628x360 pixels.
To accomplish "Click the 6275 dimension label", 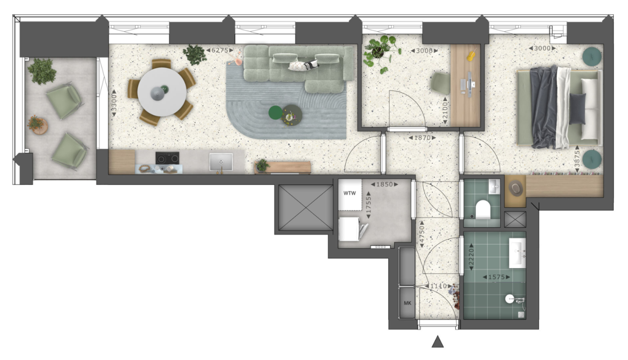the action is click(x=220, y=50).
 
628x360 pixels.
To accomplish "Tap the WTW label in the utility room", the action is click(x=349, y=193).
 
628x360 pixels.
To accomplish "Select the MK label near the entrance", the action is click(x=407, y=303).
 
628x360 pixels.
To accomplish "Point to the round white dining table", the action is click(x=162, y=92).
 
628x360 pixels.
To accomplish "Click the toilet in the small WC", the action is click(x=483, y=209).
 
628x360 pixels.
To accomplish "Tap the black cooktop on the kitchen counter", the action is click(x=167, y=158).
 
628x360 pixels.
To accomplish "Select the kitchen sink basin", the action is click(x=221, y=162).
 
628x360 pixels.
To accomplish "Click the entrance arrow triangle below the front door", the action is click(x=437, y=342).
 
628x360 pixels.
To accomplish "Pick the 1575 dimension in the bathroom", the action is click(x=496, y=277).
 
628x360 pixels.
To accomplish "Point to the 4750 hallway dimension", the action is click(x=422, y=234).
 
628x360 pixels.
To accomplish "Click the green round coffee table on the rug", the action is click(x=275, y=113).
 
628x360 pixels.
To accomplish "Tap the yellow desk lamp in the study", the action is click(x=471, y=55).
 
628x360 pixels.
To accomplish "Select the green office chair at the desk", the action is click(x=440, y=83).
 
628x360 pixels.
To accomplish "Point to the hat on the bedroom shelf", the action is click(x=515, y=188).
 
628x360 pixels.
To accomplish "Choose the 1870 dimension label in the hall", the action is click(x=422, y=138).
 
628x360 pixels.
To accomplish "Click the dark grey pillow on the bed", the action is click(x=577, y=108).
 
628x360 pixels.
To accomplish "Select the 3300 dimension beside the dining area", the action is click(x=114, y=103).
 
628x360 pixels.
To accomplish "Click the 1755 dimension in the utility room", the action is click(x=368, y=205).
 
